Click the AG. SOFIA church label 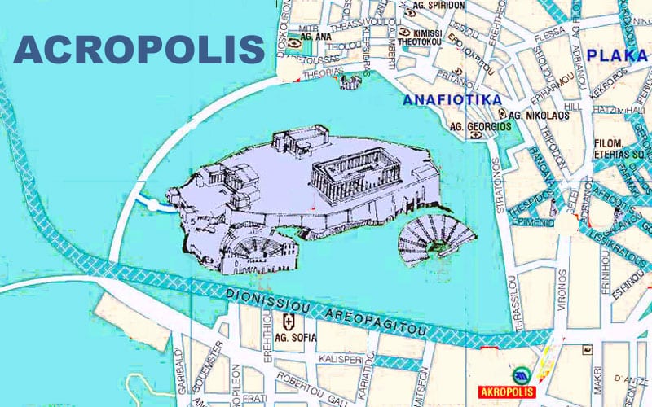(288, 337)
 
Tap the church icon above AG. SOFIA (287, 321)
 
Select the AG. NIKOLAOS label (539, 116)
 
